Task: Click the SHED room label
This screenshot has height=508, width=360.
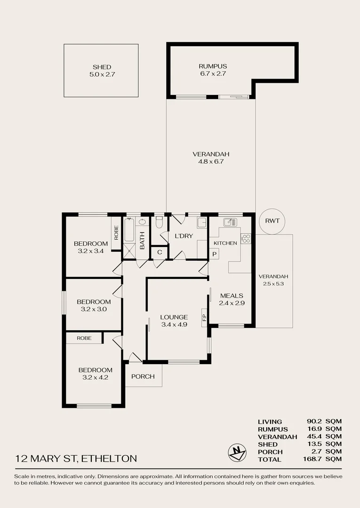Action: click(102, 67)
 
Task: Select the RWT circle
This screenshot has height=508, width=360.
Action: click(272, 221)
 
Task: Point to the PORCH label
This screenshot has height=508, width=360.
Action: click(143, 377)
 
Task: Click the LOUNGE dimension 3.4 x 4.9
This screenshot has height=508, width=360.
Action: click(174, 324)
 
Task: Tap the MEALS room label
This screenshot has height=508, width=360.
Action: click(232, 296)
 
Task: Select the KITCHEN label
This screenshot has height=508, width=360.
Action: click(225, 243)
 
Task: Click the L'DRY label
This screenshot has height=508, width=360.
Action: click(184, 236)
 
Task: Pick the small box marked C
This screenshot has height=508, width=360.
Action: click(160, 253)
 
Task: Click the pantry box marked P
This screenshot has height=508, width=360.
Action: click(214, 254)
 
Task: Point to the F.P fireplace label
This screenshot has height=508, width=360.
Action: click(204, 317)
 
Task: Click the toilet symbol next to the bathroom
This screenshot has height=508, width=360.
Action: click(159, 221)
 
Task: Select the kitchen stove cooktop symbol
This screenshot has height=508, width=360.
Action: click(246, 238)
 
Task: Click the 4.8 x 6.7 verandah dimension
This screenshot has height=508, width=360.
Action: click(211, 161)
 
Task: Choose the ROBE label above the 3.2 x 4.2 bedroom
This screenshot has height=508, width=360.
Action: click(84, 338)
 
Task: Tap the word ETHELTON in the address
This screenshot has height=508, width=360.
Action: click(109, 458)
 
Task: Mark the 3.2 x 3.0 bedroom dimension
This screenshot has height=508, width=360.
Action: click(94, 309)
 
